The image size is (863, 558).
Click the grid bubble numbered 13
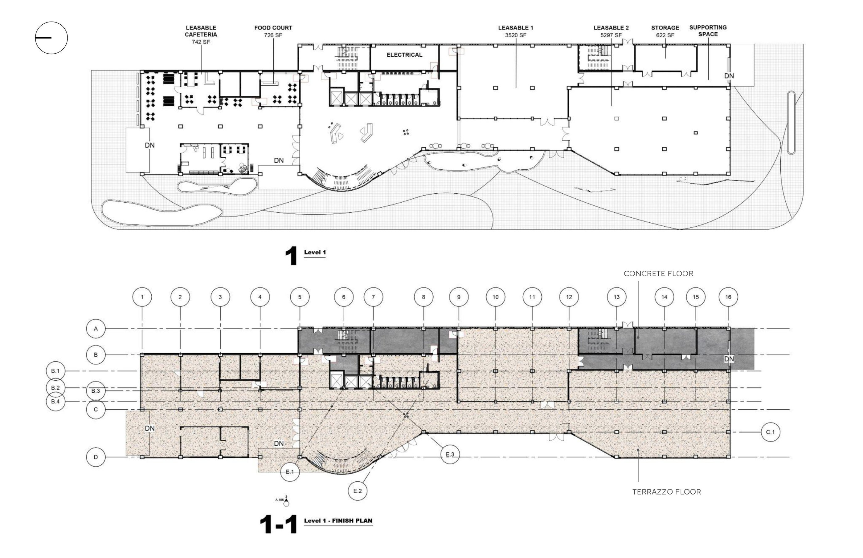pyautogui.click(x=616, y=297)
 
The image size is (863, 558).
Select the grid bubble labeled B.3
pyautogui.click(x=96, y=391)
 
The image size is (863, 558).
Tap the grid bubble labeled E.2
pyautogui.click(x=358, y=491)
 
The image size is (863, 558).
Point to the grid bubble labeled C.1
pyautogui.click(x=771, y=432)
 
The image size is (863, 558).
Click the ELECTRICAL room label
pyautogui.click(x=404, y=55)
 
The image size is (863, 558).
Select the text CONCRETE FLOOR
pyautogui.click(x=658, y=273)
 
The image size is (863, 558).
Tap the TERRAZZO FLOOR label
pyautogui.click(x=666, y=492)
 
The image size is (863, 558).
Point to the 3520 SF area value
pyautogui.click(x=516, y=35)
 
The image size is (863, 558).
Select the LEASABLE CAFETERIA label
pyautogui.click(x=201, y=31)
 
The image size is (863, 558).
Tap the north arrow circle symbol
pyautogui.click(x=51, y=38)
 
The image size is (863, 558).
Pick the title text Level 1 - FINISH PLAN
pyautogui.click(x=338, y=521)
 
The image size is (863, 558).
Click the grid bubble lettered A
pyautogui.click(x=96, y=329)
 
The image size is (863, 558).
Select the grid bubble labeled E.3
pyautogui.click(x=450, y=455)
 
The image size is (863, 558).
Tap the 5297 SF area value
pyautogui.click(x=611, y=35)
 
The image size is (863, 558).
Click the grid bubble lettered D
pyautogui.click(x=96, y=457)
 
